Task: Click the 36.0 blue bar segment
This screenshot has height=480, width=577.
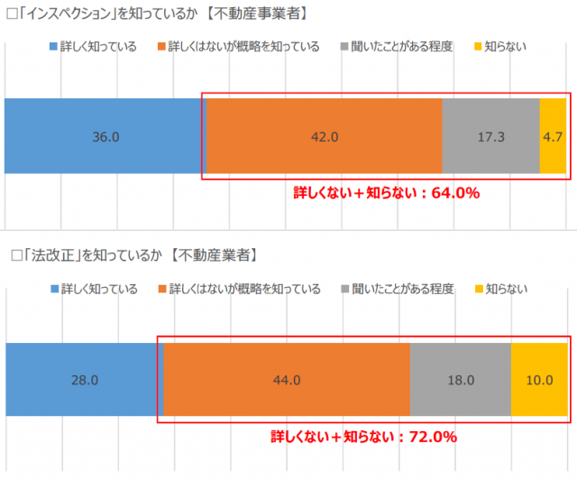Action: [x=105, y=136]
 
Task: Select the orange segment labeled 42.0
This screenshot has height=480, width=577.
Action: [x=325, y=136]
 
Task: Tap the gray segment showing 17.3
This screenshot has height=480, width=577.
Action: [x=490, y=136]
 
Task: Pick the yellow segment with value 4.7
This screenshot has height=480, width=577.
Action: [x=553, y=136]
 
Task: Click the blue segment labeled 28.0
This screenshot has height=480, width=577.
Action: [x=84, y=380]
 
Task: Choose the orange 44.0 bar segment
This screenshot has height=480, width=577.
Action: [x=287, y=380]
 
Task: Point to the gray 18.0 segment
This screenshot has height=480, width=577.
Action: [x=460, y=380]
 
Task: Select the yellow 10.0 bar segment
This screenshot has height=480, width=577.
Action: [x=539, y=380]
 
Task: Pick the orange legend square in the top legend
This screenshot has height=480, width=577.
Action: [x=160, y=46]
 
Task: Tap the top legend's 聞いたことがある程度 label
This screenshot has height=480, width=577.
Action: [x=403, y=46]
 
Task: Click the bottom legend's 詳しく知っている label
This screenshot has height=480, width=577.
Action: [x=99, y=290]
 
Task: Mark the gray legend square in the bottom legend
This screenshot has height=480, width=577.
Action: [x=346, y=290]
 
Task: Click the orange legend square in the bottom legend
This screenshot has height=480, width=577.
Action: [x=161, y=290]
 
